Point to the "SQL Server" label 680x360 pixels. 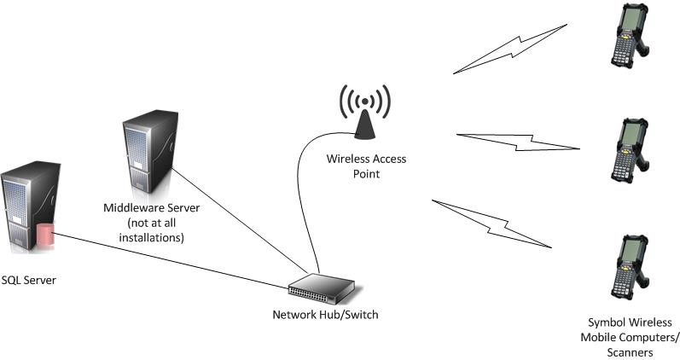pyautogui.click(x=29, y=279)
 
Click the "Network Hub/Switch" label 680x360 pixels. pyautogui.click(x=324, y=315)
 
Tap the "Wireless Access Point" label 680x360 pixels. pyautogui.click(x=364, y=165)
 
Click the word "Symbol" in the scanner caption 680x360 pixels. pyautogui.click(x=607, y=322)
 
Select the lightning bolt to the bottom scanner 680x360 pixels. pyautogui.click(x=493, y=224)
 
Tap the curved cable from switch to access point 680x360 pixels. pyautogui.click(x=303, y=196)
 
